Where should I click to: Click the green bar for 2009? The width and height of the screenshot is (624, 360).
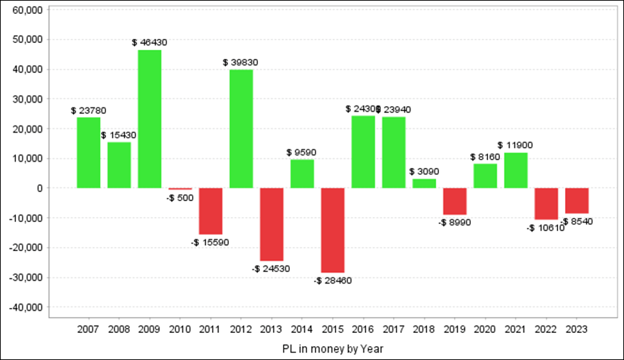pyautogui.click(x=150, y=119)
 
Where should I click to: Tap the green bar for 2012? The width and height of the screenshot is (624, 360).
pyautogui.click(x=241, y=128)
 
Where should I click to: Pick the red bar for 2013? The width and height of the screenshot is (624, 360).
pyautogui.click(x=272, y=224)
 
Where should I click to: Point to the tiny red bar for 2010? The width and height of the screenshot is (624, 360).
pyautogui.click(x=180, y=189)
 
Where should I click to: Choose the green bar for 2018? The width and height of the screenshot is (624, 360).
pyautogui.click(x=424, y=183)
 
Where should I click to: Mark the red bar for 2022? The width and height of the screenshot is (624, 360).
pyautogui.click(x=546, y=204)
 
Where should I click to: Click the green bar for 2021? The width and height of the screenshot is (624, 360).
pyautogui.click(x=516, y=170)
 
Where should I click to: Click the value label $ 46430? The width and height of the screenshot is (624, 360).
pyautogui.click(x=150, y=42)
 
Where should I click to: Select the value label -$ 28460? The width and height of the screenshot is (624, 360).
pyautogui.click(x=333, y=280)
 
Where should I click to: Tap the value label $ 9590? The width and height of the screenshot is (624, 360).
pyautogui.click(x=302, y=152)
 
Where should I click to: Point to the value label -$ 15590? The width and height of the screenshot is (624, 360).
pyautogui.click(x=211, y=242)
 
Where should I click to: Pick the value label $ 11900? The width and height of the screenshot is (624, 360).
pyautogui.click(x=516, y=145)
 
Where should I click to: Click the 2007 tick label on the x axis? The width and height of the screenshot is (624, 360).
pyautogui.click(x=89, y=329)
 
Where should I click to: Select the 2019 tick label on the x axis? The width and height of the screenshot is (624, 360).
pyautogui.click(x=455, y=329)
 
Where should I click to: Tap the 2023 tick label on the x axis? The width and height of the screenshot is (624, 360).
pyautogui.click(x=577, y=329)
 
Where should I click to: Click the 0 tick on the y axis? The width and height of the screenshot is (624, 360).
pyautogui.click(x=40, y=188)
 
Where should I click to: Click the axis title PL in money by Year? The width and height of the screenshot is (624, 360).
pyautogui.click(x=333, y=348)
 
